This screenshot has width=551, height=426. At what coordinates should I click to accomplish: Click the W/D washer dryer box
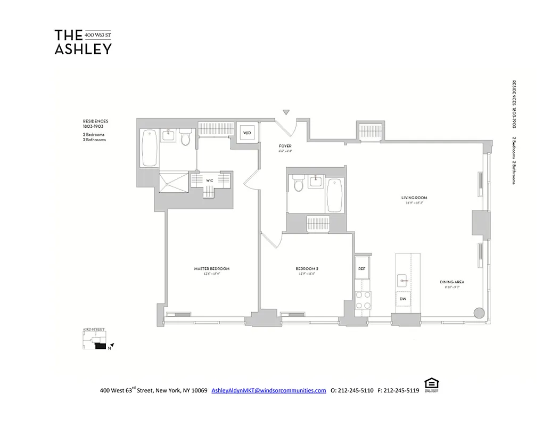[x=247, y=132]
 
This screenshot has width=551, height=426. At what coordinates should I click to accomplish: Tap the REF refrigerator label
[x=362, y=269]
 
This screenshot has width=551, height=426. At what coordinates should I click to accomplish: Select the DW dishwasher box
[x=403, y=300]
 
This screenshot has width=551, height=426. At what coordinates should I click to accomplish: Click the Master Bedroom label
[x=211, y=269]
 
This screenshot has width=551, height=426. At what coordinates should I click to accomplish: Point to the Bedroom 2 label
[x=307, y=269]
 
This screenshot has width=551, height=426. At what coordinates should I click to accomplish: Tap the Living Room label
[x=414, y=198]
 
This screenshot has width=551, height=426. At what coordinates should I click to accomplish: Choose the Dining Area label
[x=449, y=282]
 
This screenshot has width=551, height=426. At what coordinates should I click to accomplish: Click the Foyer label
[x=285, y=146]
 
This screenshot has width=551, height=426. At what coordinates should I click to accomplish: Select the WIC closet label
[x=210, y=181]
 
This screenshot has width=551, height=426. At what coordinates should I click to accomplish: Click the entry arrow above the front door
[x=286, y=112]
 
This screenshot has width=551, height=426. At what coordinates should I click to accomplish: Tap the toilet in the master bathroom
[x=185, y=138]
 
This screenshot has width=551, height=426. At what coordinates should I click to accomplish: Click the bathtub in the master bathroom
[x=149, y=148]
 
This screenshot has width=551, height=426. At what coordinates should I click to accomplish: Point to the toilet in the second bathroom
[x=298, y=184]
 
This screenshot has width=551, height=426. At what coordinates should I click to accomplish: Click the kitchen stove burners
[x=363, y=300]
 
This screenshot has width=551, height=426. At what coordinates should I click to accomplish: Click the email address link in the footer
[x=268, y=390]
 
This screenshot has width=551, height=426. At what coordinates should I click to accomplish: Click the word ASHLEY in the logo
[x=83, y=48]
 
